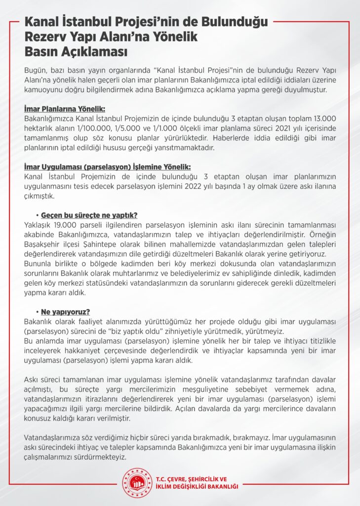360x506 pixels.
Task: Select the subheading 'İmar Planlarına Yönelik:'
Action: (64, 109)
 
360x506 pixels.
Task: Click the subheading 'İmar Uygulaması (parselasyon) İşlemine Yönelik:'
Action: (107, 167)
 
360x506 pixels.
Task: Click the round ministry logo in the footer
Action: (136, 482)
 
